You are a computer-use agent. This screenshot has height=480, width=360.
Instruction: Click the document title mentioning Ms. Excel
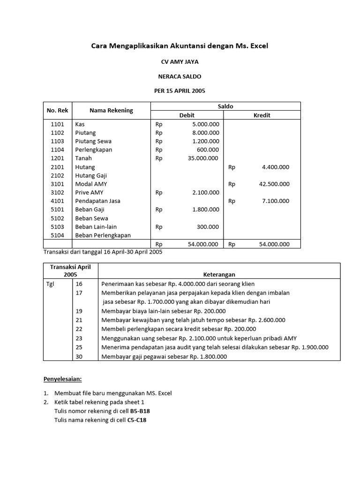(x=180, y=46)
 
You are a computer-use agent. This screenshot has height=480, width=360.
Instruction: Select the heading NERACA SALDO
(x=180, y=76)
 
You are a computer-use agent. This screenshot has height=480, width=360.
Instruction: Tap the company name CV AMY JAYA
(x=180, y=61)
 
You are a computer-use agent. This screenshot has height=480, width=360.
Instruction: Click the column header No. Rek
(x=57, y=111)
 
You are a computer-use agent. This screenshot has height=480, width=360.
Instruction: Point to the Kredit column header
(x=262, y=115)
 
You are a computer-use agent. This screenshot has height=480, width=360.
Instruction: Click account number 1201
(x=57, y=158)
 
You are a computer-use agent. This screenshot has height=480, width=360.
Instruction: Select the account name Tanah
(x=83, y=158)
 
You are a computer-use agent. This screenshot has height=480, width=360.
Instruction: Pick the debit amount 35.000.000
(x=201, y=158)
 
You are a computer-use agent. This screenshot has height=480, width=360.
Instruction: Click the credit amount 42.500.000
(x=274, y=184)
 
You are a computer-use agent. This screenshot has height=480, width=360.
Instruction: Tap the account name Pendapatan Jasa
(x=97, y=201)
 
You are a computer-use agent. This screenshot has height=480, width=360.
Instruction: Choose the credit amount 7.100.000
(x=276, y=201)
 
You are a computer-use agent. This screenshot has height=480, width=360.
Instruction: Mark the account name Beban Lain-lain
(x=96, y=227)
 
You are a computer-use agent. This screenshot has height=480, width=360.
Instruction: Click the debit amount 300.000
(x=208, y=227)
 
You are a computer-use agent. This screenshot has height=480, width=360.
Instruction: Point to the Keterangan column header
(x=219, y=275)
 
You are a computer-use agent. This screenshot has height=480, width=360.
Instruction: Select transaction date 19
(x=79, y=311)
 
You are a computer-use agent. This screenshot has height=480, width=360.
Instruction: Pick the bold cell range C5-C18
(x=137, y=420)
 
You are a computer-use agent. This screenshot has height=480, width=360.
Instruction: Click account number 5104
(x=57, y=235)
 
